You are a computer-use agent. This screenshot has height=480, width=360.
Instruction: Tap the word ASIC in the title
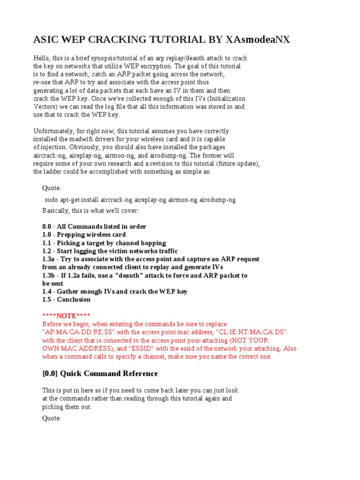click(x=47, y=40)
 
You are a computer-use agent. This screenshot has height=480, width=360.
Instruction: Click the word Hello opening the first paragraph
click(x=42, y=58)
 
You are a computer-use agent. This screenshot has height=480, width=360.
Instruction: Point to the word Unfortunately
click(x=53, y=131)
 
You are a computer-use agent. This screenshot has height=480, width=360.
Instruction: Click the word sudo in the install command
click(x=52, y=200)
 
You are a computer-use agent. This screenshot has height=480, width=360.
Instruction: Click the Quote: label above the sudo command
click(x=52, y=188)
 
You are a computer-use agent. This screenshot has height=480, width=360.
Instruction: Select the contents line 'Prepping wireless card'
click(x=91, y=234)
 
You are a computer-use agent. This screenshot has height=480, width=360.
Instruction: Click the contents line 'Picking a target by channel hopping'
click(x=111, y=243)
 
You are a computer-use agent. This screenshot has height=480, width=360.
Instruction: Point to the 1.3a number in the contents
click(x=49, y=259)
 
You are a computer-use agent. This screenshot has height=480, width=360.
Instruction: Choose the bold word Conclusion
click(x=74, y=300)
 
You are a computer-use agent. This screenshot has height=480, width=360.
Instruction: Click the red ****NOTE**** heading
click(x=66, y=315)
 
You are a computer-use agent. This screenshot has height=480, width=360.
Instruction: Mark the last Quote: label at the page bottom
click(x=52, y=418)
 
